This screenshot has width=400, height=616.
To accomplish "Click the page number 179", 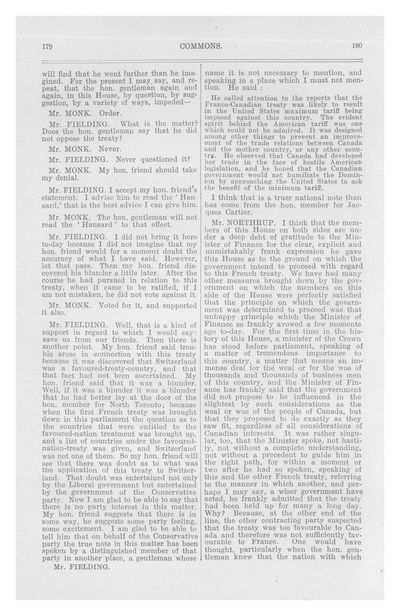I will (x=47, y=47).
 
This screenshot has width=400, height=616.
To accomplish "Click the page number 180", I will (x=357, y=46).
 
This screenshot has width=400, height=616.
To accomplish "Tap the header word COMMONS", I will (x=201, y=46).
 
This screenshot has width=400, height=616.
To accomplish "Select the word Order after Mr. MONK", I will (x=110, y=113).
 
